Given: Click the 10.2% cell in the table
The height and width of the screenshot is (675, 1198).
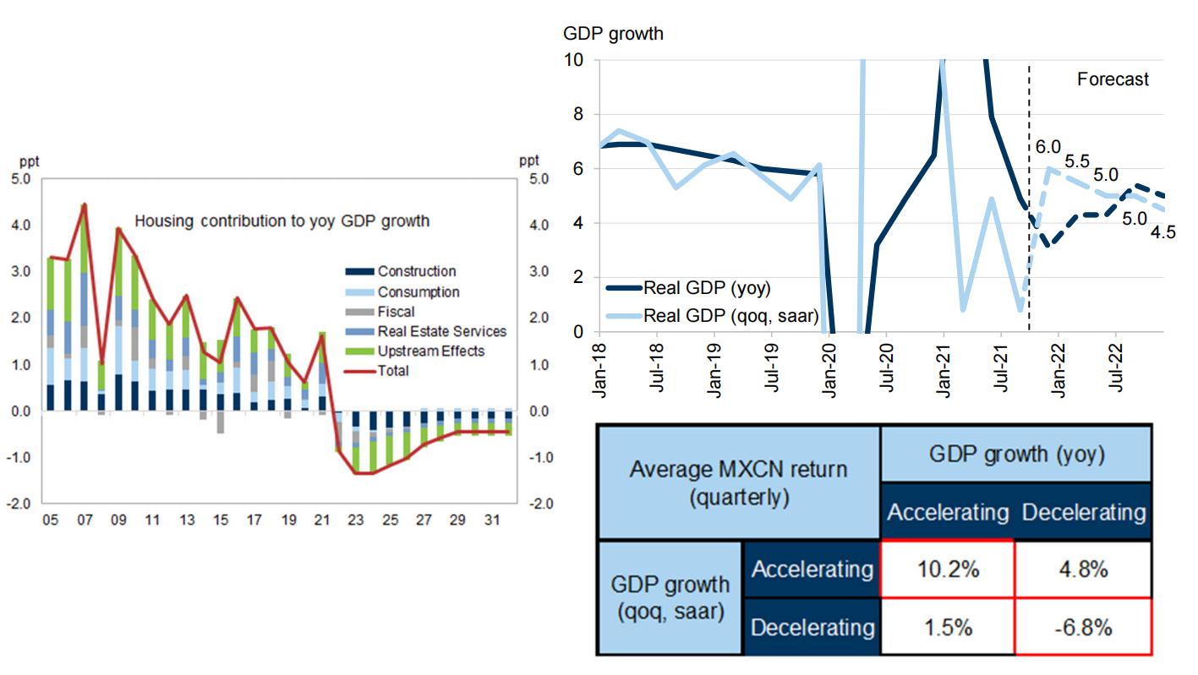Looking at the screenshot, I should pos(947,569).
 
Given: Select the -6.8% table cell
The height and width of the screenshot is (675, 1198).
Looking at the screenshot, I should pos(1083,627).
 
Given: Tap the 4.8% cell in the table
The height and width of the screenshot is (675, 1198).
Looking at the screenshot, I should pos(1083,569).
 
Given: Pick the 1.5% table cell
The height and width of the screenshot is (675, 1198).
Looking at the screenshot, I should pos(947,627).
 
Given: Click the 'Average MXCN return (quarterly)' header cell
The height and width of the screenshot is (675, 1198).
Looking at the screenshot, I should pos(738,482).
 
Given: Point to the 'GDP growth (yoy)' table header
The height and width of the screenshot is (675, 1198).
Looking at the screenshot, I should pos(1016,455).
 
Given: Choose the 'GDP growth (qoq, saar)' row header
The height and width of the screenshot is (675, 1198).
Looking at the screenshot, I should pos(670,597).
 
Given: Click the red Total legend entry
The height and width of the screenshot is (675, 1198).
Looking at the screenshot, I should pos(392,370).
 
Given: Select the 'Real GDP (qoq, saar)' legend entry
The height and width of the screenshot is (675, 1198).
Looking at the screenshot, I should pos(729,315).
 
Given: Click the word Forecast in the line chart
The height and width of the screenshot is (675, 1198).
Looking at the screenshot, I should pos(1113,79).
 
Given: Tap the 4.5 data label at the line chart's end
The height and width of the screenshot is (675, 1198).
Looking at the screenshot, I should pos(1163,231).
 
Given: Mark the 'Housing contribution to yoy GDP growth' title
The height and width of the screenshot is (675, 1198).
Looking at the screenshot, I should pos(282,221).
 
